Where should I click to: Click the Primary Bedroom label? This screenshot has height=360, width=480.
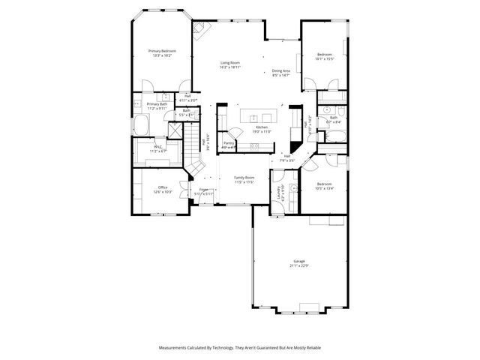coord(162,51)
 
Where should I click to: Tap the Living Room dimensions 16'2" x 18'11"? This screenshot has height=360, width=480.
coord(230,67)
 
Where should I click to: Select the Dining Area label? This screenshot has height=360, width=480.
coord(281,70)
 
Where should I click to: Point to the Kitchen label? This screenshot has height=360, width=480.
coord(262,127)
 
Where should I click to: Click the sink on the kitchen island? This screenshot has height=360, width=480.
coord(253,117)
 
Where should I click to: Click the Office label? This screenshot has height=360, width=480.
coord(163,187)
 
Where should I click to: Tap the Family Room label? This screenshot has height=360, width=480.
coord(244,178)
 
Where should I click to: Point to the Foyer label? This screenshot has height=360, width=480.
coord(204,189)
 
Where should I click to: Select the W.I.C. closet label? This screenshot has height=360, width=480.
coord(158,147)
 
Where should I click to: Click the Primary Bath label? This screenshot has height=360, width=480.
coord(157,104)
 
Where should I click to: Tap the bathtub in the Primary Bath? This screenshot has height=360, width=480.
coord(142,124)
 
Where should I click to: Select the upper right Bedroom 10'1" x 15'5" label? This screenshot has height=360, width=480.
coord(324,55)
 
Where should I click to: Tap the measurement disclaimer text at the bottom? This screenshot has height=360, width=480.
coord(239,348)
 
